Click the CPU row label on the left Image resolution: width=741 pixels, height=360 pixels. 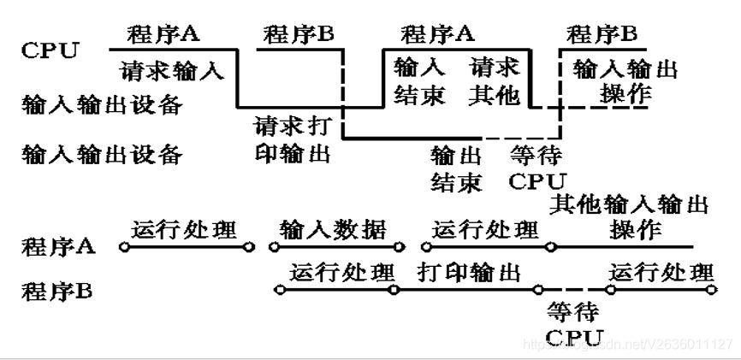pos(50,50)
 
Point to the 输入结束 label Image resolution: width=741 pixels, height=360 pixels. pos(419,81)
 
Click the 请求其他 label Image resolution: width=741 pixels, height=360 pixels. pos(495,81)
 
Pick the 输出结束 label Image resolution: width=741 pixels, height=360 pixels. pos(456,168)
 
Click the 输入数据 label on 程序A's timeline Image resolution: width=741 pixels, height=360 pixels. pos(333,230)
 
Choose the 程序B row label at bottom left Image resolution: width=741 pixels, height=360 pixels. pos(57,290)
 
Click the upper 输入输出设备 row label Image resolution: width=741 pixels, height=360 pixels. pos(102,106)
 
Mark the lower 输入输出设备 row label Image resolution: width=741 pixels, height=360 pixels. pos(102,156)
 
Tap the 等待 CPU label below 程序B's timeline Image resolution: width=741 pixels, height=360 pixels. pos(572,323)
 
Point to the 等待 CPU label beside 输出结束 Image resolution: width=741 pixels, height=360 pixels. pos(537,168)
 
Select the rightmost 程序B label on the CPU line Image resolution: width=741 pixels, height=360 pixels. pos(603,35)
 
